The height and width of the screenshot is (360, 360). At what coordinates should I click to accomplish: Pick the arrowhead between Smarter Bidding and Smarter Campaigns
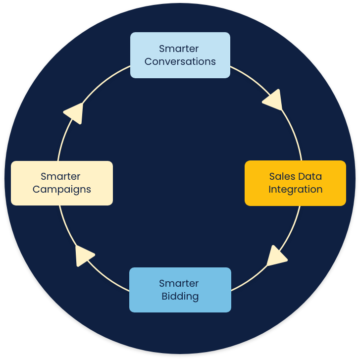(84, 255)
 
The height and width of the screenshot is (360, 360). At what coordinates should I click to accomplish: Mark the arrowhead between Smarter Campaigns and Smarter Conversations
(74, 112)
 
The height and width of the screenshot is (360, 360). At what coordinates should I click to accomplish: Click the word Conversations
(180, 62)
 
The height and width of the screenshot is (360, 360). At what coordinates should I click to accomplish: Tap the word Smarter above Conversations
(179, 49)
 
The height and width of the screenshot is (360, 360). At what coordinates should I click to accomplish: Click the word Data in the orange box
(310, 176)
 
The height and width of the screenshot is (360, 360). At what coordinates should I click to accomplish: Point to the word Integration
(295, 190)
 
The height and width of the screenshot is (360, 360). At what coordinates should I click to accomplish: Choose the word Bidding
(180, 297)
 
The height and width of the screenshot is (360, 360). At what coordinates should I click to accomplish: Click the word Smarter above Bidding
(179, 283)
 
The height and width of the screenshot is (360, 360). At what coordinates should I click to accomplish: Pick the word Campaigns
(62, 190)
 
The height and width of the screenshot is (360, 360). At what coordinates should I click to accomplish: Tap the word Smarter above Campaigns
(60, 176)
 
